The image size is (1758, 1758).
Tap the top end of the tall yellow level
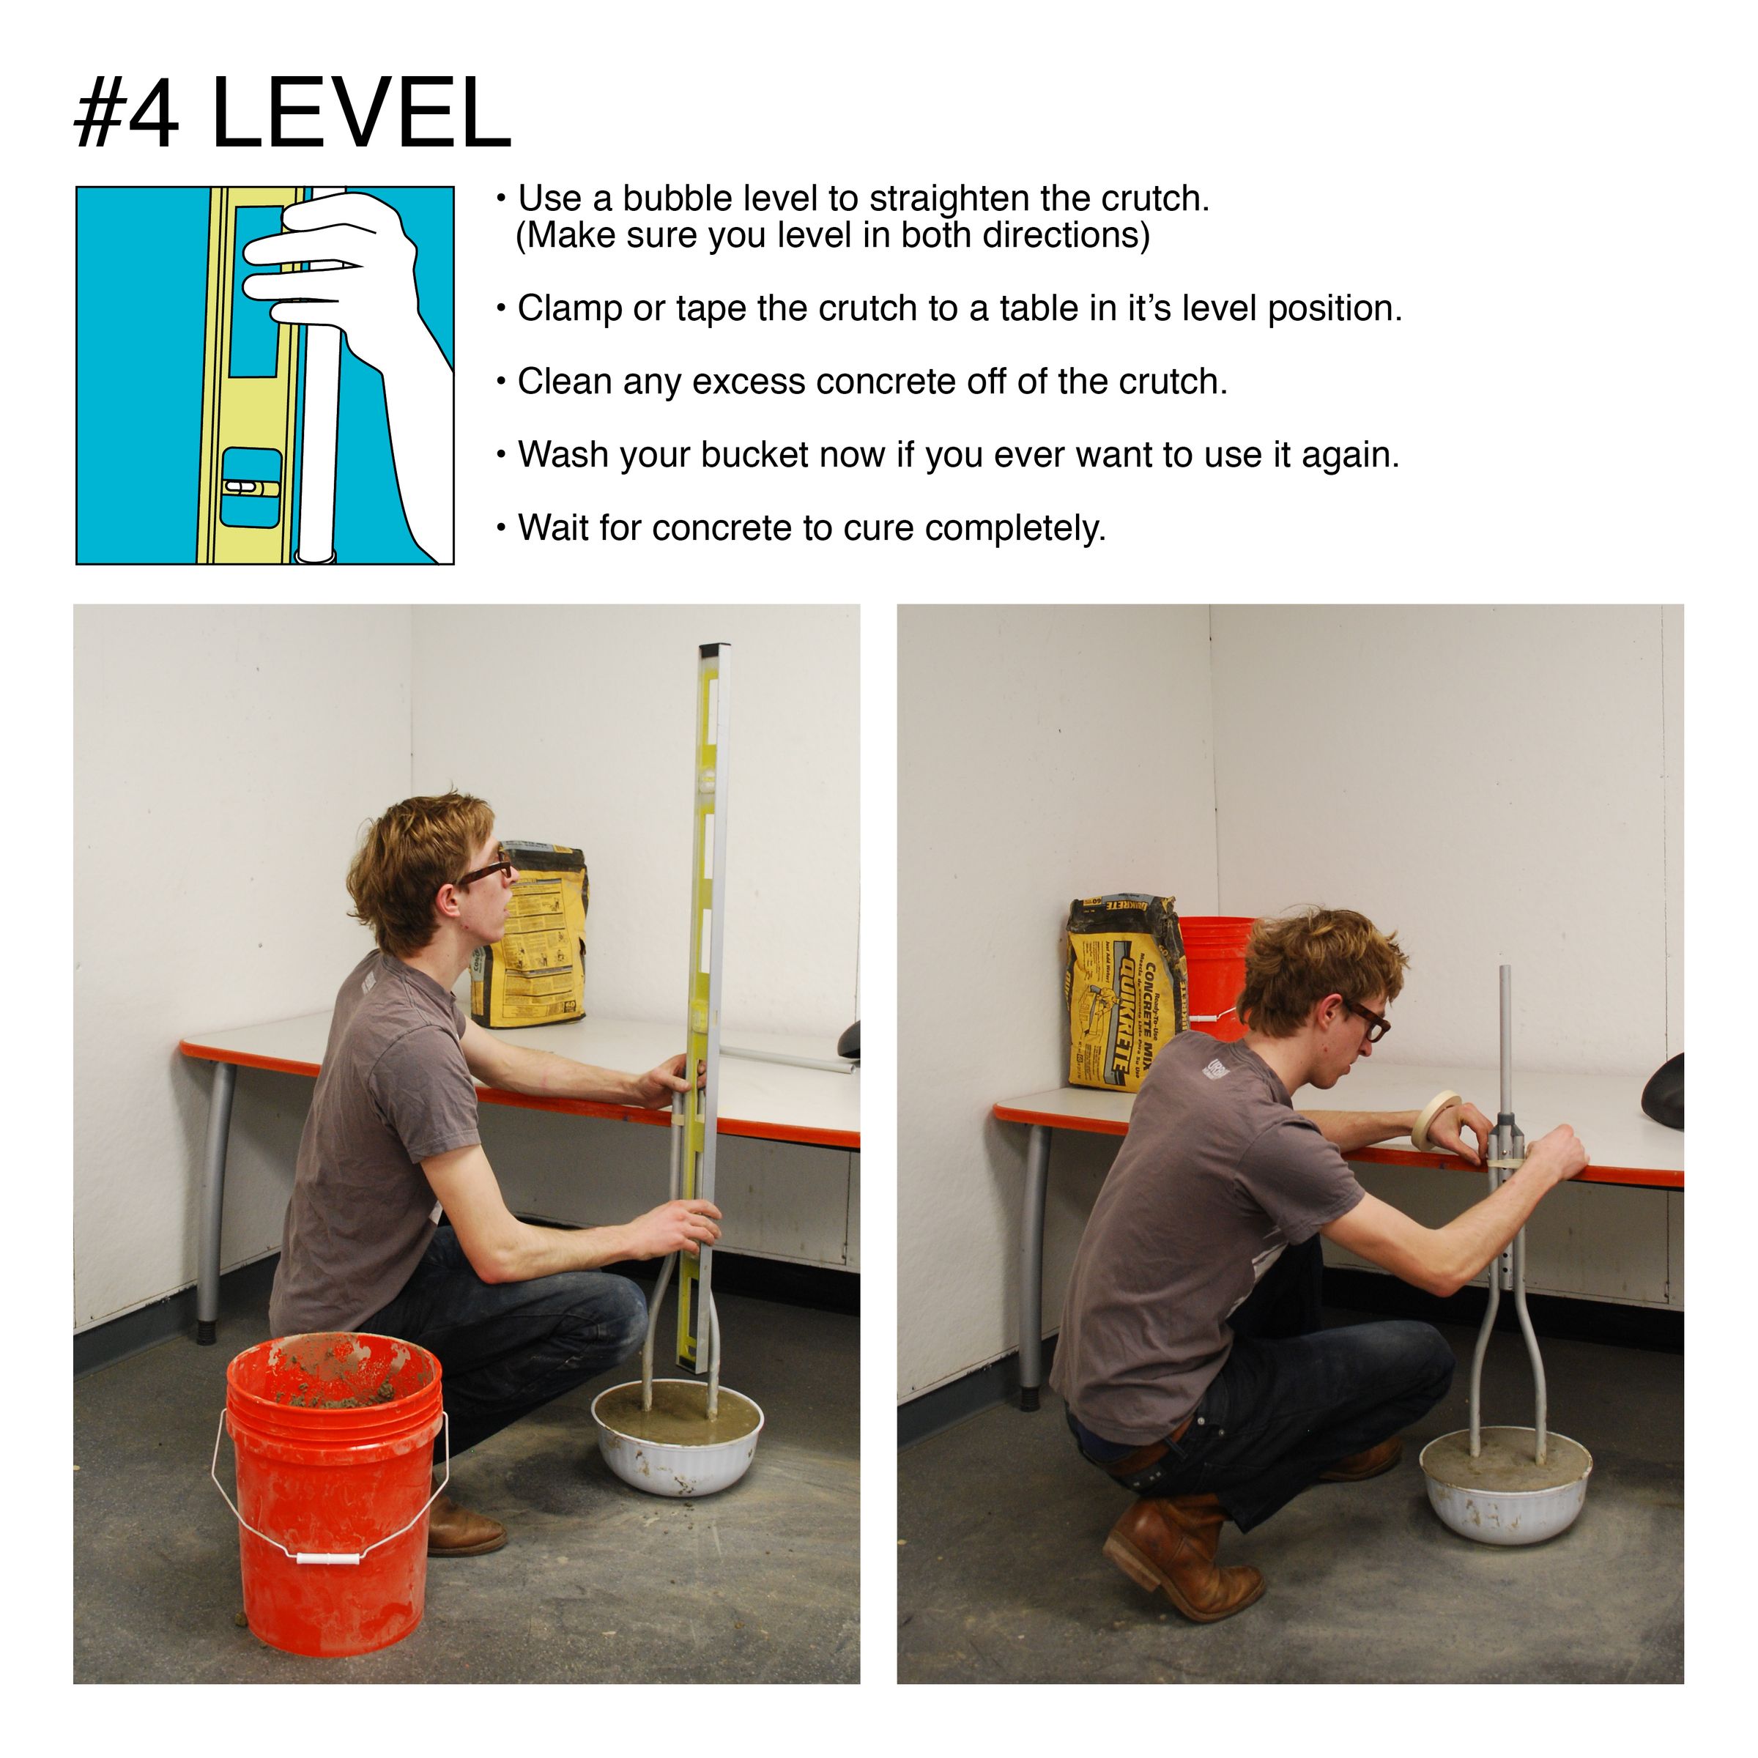tap(714, 651)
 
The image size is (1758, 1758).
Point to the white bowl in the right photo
tap(1505, 1492)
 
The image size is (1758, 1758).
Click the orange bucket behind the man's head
tap(1214, 965)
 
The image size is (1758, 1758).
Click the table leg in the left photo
tap(214, 1201)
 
